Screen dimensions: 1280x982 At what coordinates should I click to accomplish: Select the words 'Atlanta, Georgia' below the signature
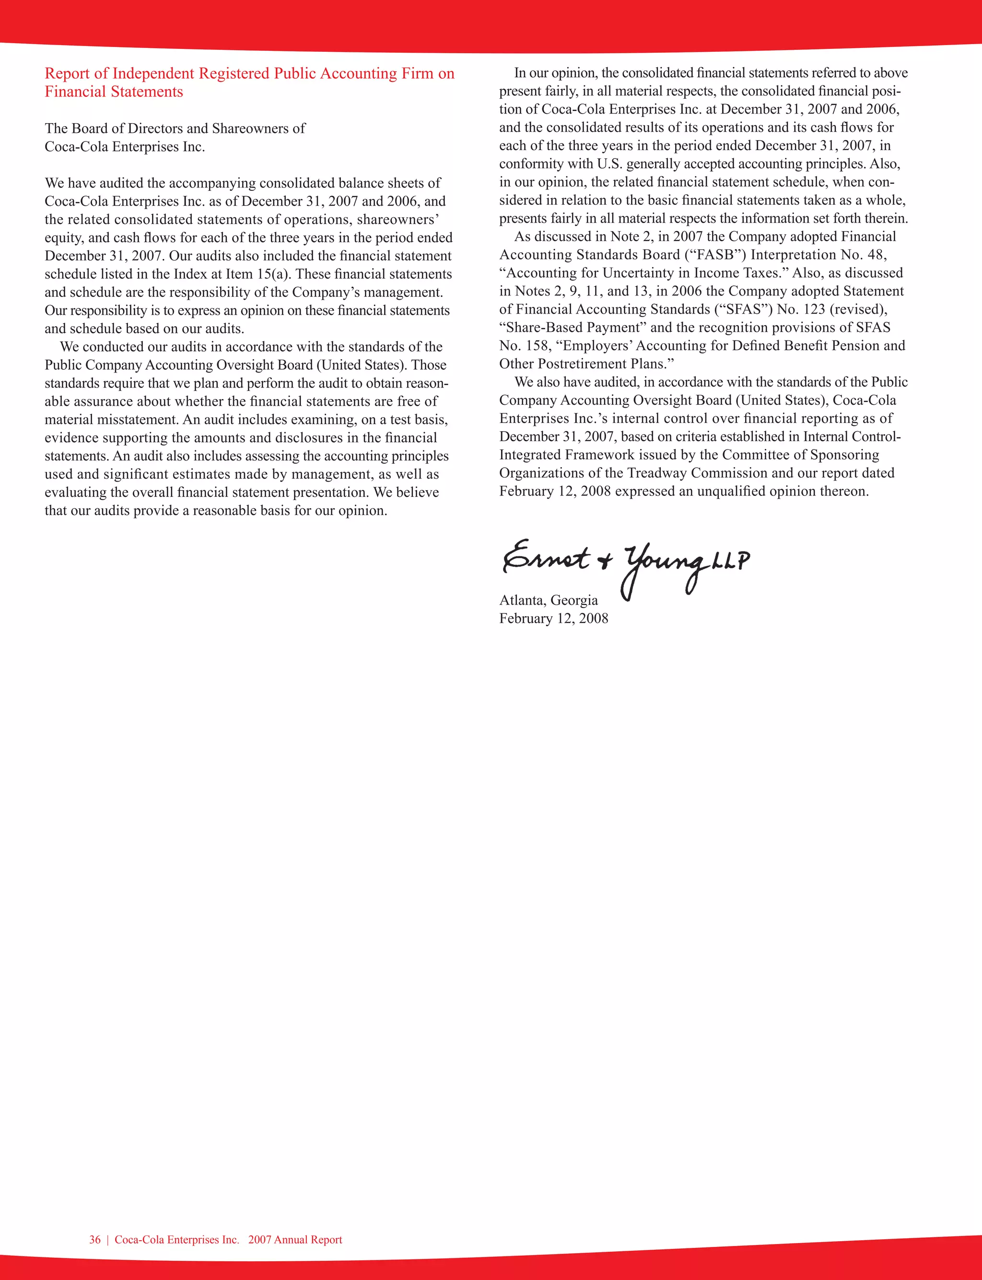[548, 600]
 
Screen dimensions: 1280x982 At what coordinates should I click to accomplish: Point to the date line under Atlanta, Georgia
[553, 618]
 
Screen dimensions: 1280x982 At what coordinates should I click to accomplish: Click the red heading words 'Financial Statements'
[114, 92]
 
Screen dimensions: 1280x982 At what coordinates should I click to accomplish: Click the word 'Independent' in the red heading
[153, 74]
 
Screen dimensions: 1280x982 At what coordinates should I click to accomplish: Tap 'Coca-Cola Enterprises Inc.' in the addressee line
[125, 147]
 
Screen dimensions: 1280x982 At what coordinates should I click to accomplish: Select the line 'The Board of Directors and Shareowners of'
[175, 129]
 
